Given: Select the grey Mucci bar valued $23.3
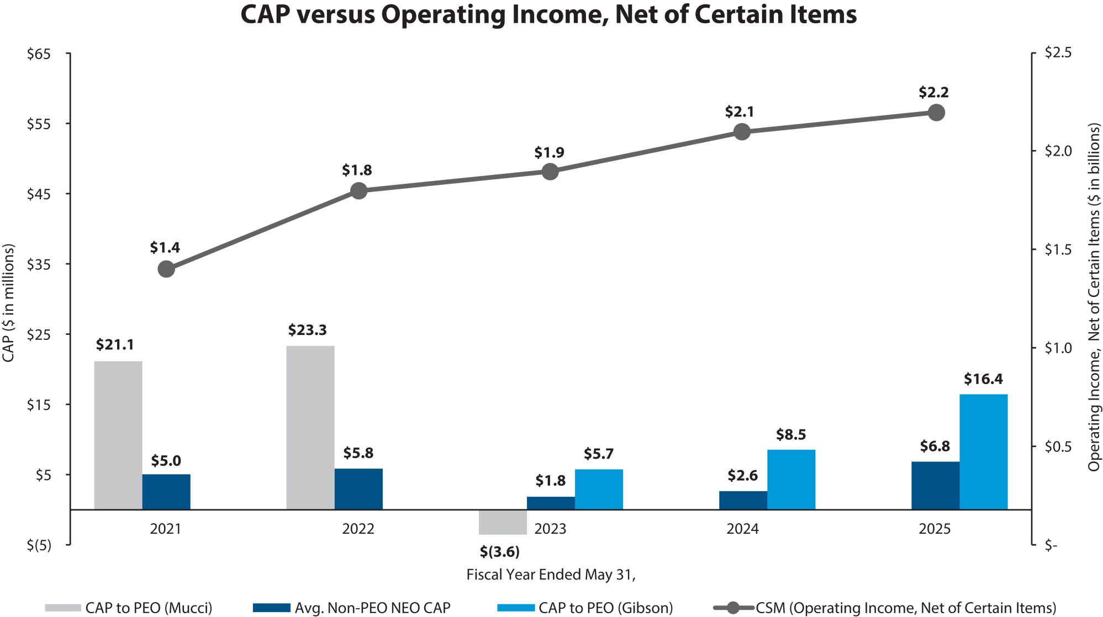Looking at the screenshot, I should [x=310, y=427].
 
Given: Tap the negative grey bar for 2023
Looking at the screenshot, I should [x=502, y=522].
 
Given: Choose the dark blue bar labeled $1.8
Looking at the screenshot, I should [x=550, y=503].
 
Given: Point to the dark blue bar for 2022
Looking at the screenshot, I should [x=358, y=488].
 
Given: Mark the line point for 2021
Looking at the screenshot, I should [x=166, y=269].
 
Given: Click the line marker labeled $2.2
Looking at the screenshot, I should [x=936, y=113].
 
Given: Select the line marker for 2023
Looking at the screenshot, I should [x=550, y=172].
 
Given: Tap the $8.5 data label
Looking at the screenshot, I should [x=791, y=435].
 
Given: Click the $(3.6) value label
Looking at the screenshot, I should [x=499, y=552].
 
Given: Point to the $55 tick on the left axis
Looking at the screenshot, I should [x=39, y=124].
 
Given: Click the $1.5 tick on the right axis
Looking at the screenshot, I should [x=1058, y=250].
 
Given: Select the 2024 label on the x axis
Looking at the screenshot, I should [x=742, y=529].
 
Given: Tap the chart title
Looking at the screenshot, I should [x=548, y=15].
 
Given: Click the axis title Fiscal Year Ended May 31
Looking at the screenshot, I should [x=551, y=575].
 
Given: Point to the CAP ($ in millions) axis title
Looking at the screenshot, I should [x=8, y=303].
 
